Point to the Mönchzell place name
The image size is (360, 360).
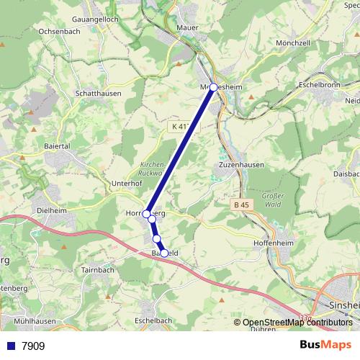point(294,44)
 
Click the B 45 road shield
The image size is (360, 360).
point(243,205)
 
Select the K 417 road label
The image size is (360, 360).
point(181,127)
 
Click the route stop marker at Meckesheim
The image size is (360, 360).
point(213,87)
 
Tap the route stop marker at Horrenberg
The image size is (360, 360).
point(147,214)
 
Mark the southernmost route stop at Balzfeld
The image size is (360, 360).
point(164,253)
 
